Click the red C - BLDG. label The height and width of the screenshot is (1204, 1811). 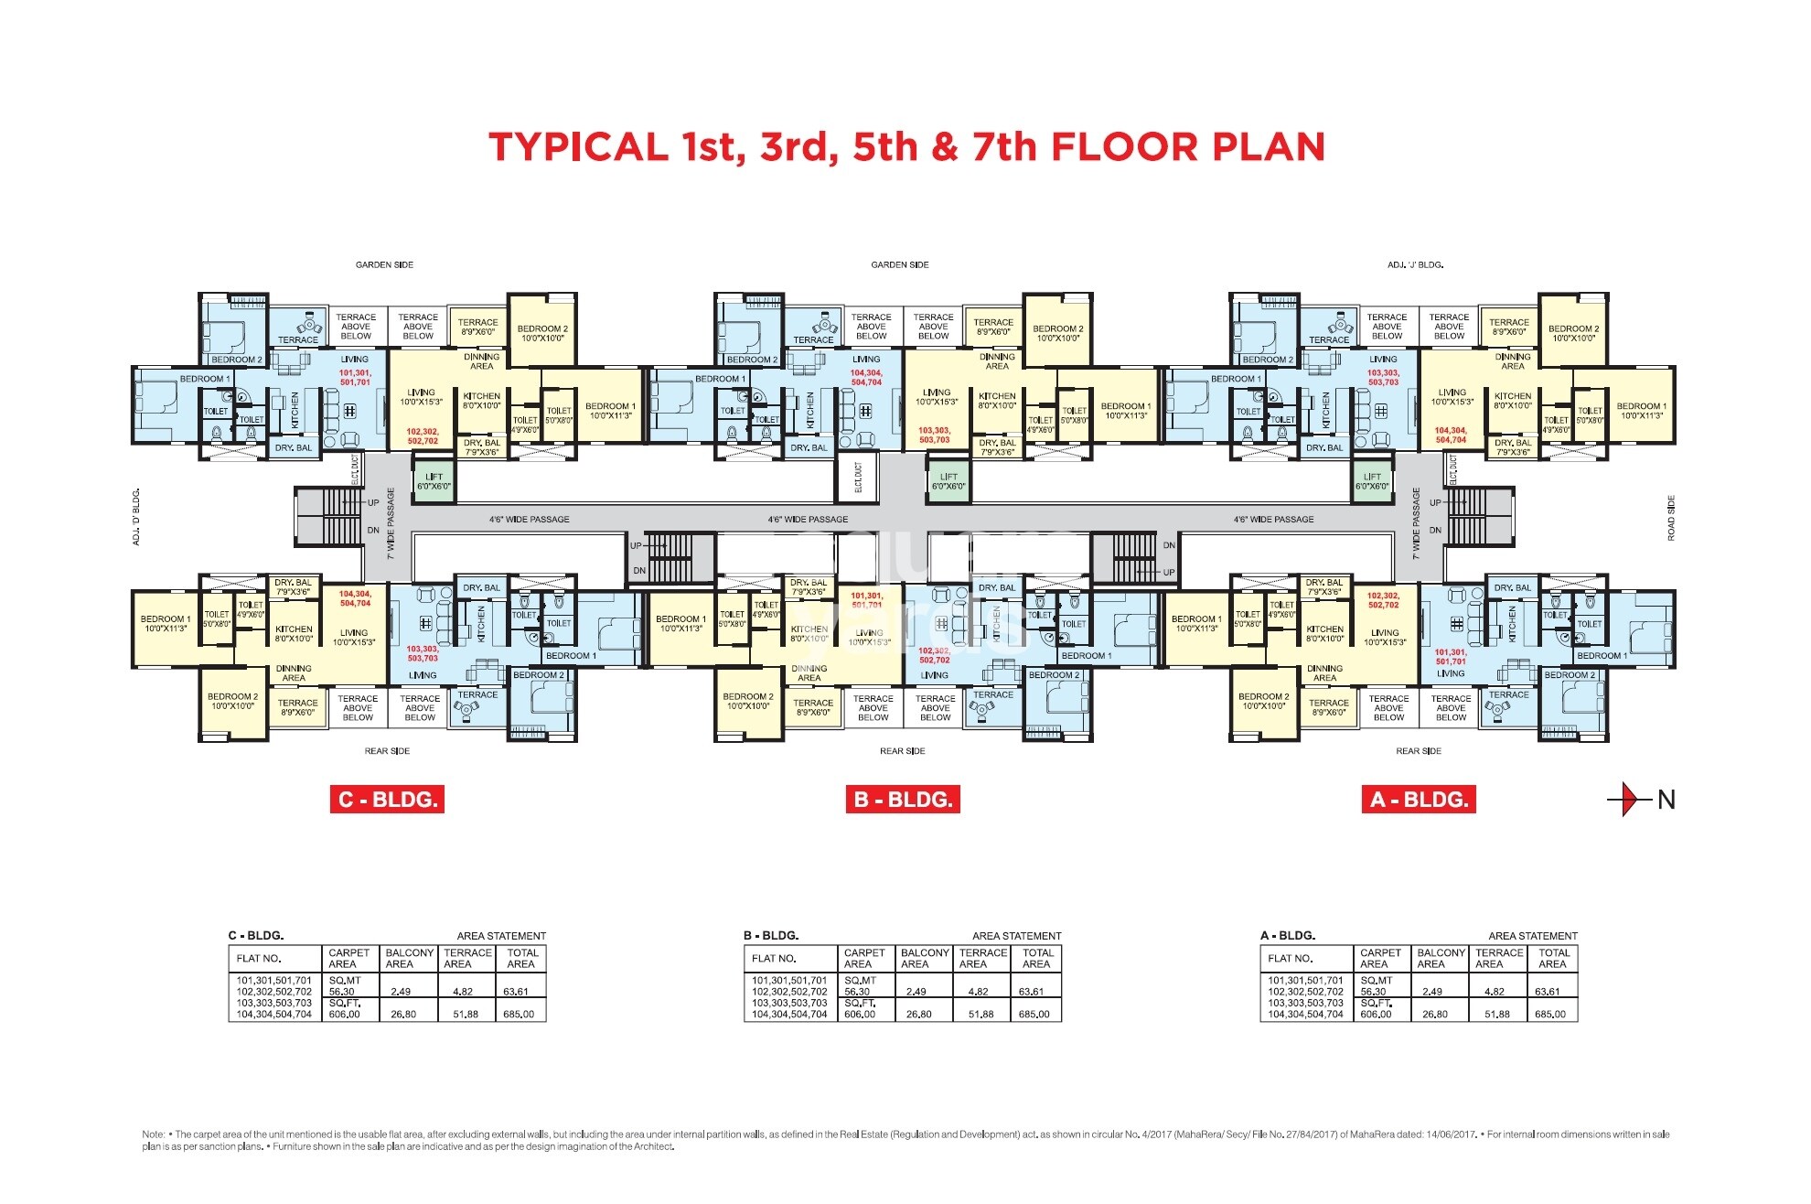pos(387,800)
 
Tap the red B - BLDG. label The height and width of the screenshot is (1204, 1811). pos(903,800)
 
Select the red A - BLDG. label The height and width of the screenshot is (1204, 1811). pos(1419,800)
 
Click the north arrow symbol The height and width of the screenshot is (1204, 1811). pos(1633,800)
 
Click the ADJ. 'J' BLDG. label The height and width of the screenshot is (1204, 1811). pos(1415,264)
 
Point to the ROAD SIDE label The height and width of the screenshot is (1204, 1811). pos(1671,518)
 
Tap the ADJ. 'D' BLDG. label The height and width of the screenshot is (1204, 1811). pos(136,518)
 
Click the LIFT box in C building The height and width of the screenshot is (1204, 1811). pos(434,481)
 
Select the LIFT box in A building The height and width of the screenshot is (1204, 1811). pos(1372,481)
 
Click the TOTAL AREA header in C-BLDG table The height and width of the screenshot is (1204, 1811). pos(520,958)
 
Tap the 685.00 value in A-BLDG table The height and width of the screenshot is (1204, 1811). pos(1550,1014)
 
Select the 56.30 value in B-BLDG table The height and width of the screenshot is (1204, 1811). pos(857,992)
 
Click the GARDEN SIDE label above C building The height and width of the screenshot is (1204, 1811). pos(384,264)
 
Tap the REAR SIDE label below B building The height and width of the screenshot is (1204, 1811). pos(903,751)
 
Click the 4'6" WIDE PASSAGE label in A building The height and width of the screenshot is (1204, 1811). pos(1273,519)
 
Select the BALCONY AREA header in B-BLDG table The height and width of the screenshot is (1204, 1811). pos(925,958)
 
